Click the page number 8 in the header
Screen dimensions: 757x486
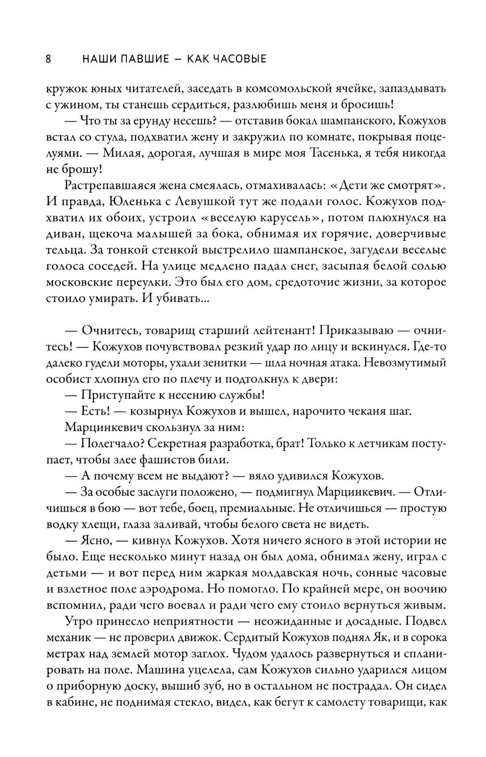(x=48, y=59)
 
